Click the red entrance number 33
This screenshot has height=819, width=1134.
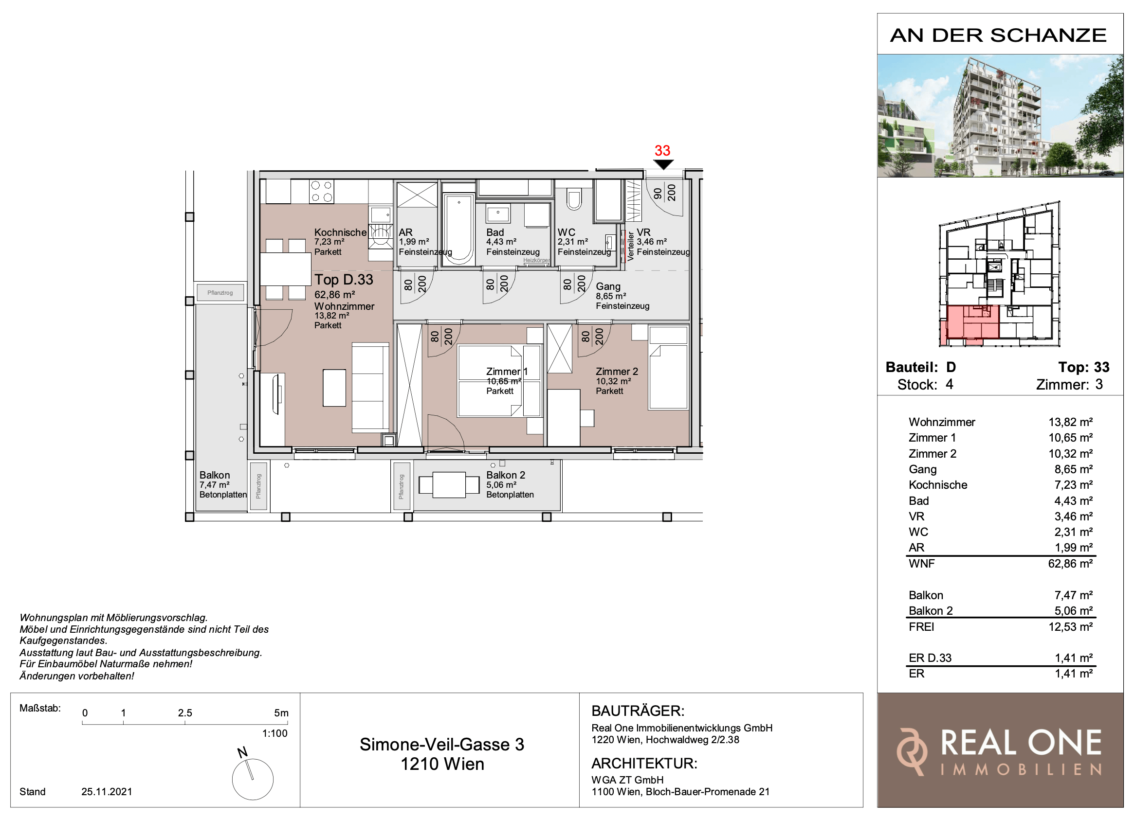click(x=662, y=150)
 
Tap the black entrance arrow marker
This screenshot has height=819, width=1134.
click(x=663, y=164)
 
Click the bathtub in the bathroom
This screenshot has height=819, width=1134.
click(x=459, y=229)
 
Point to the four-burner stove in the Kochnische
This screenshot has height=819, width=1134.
click(x=322, y=192)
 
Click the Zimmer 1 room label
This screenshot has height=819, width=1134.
click(x=507, y=371)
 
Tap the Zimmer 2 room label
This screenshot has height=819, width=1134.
click(x=617, y=371)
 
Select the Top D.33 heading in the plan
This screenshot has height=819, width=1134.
click(x=344, y=279)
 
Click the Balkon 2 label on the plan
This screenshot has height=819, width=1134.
click(x=506, y=475)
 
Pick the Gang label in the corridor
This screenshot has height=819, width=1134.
click(x=608, y=286)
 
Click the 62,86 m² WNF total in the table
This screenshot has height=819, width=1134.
click(x=1070, y=564)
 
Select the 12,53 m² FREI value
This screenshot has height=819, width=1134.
click(x=1070, y=626)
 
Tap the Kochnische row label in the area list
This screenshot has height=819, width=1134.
click(x=937, y=485)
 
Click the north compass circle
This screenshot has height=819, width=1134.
click(x=253, y=779)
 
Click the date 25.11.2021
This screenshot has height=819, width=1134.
click(x=107, y=791)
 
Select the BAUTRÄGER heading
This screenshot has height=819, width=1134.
click(x=638, y=711)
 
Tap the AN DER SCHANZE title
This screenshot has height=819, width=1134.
click(x=998, y=36)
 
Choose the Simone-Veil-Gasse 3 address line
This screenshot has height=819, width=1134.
click(x=442, y=745)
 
